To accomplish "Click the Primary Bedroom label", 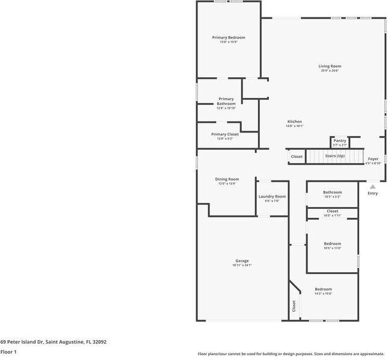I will [229, 37].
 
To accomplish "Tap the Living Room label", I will [330, 66].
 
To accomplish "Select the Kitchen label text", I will [294, 122].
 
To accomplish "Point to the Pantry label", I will [340, 141].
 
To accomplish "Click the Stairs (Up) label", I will [335, 156].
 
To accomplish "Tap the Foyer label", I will [373, 159].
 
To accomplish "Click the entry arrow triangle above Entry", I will [372, 187].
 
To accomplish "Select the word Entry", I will [372, 193].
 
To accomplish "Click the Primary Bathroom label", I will [226, 101].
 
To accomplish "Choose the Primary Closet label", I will [224, 134].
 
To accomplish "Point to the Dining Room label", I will [227, 179].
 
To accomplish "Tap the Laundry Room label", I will [272, 196].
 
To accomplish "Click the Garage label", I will [242, 261].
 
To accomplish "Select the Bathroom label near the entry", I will [332, 192].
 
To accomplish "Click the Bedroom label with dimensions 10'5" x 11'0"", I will [332, 244].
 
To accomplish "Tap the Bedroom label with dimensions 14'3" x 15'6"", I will [323, 290].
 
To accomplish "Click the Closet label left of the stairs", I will [297, 157].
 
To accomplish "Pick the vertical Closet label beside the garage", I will [294, 305].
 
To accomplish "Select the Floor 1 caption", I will [8, 352].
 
